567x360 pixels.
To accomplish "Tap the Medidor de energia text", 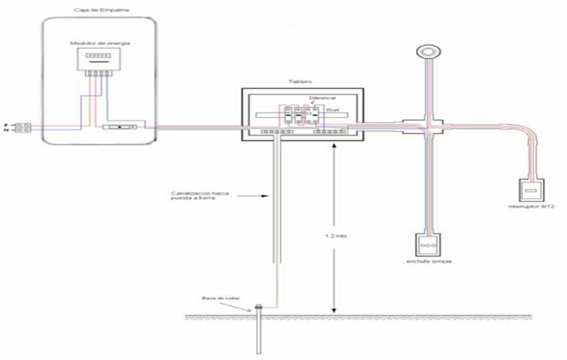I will click(x=100, y=43).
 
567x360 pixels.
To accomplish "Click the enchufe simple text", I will click(x=429, y=262).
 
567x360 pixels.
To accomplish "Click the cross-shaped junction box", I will click(x=426, y=125).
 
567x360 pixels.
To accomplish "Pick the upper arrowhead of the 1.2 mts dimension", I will click(x=333, y=146).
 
